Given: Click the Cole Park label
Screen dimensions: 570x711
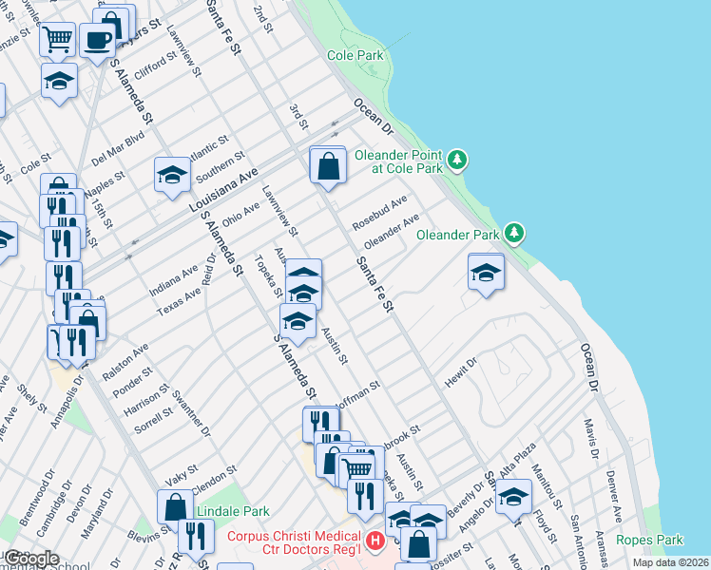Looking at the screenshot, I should tap(355, 56).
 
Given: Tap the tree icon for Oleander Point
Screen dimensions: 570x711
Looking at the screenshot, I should tap(459, 159).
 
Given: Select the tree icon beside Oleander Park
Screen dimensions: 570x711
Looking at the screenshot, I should tap(514, 232).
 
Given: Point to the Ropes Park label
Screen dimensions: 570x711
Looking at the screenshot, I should tap(649, 540).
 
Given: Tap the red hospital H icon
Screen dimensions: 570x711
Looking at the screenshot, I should tap(375, 541).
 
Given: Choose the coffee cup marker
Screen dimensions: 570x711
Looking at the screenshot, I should tap(98, 40).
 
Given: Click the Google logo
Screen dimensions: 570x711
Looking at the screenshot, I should tap(30, 559).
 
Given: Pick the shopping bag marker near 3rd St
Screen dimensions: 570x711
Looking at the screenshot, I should tap(327, 166).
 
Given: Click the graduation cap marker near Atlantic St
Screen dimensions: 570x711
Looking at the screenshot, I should tap(172, 175).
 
